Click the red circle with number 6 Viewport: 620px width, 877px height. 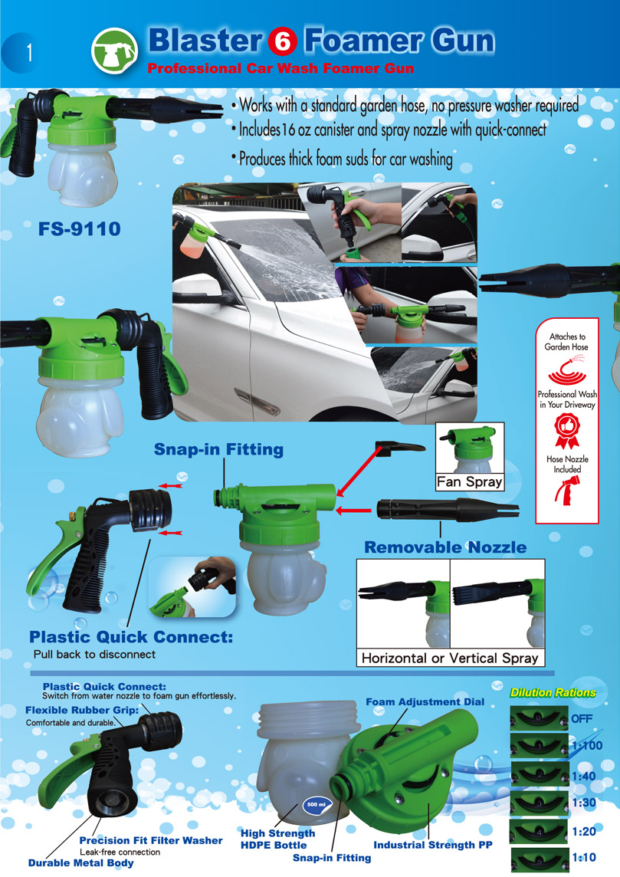pyautogui.click(x=282, y=42)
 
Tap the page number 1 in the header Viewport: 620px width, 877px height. pyautogui.click(x=30, y=53)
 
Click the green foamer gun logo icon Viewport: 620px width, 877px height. pyautogui.click(x=115, y=51)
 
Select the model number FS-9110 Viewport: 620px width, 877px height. pyautogui.click(x=80, y=228)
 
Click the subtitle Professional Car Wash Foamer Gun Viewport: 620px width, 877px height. pyautogui.click(x=280, y=69)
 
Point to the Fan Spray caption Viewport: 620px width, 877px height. pyautogui.click(x=470, y=481)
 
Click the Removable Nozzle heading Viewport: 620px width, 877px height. pyautogui.click(x=445, y=547)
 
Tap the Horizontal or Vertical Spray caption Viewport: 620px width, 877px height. pyautogui.click(x=450, y=658)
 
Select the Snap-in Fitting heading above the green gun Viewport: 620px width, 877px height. pyautogui.click(x=218, y=449)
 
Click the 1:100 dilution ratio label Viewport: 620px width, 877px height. pyautogui.click(x=587, y=746)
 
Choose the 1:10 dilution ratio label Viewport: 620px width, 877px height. pyautogui.click(x=584, y=857)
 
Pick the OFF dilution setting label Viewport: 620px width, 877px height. pyautogui.click(x=582, y=719)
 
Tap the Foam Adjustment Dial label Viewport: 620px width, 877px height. pyautogui.click(x=425, y=702)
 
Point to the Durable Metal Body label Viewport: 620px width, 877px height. pyautogui.click(x=81, y=863)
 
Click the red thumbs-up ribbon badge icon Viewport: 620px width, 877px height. pyautogui.click(x=567, y=431)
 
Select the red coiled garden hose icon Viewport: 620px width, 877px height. pyautogui.click(x=567, y=370)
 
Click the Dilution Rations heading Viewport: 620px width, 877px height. pyautogui.click(x=553, y=692)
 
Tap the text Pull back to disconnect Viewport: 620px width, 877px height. pyautogui.click(x=94, y=655)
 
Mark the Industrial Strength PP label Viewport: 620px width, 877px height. pyautogui.click(x=433, y=845)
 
